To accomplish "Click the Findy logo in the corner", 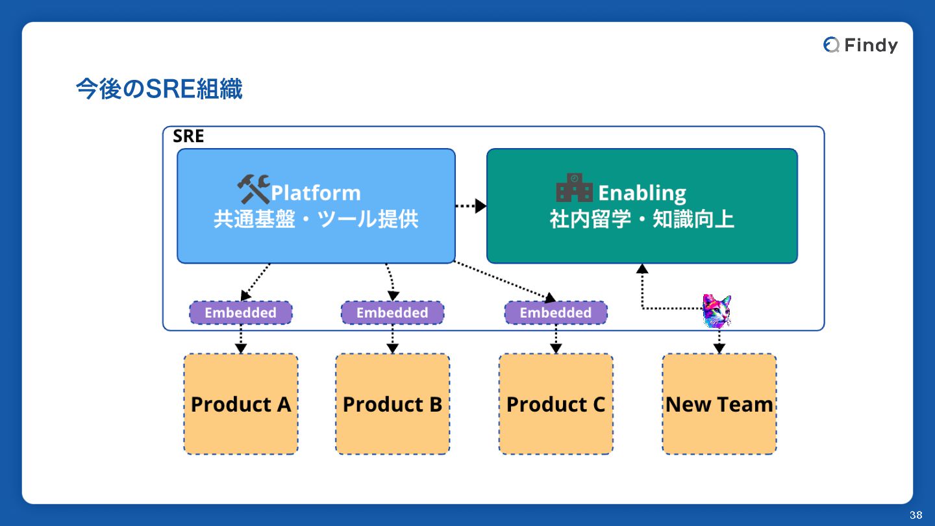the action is click(x=860, y=45).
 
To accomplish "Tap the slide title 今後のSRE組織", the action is click(x=159, y=88).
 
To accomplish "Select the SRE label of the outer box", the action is click(x=188, y=136).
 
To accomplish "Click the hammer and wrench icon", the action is click(x=253, y=189).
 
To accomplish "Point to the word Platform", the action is click(x=316, y=193).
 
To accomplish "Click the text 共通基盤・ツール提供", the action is click(x=316, y=219).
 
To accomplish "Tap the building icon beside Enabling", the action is click(x=575, y=188).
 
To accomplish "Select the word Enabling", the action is click(x=642, y=193).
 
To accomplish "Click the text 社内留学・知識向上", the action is click(x=642, y=219).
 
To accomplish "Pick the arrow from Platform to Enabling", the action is click(x=471, y=206).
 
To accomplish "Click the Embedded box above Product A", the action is click(x=241, y=313).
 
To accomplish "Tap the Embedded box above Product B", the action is click(x=392, y=313).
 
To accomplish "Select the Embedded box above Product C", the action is click(x=556, y=313).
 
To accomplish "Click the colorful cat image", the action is click(x=717, y=311).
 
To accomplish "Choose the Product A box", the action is click(x=241, y=404).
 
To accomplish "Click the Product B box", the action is click(x=392, y=404).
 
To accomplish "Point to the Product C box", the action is click(x=556, y=404).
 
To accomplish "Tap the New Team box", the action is click(x=719, y=404).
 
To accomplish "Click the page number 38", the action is click(x=916, y=515).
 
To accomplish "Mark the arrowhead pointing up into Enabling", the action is click(x=642, y=268).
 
